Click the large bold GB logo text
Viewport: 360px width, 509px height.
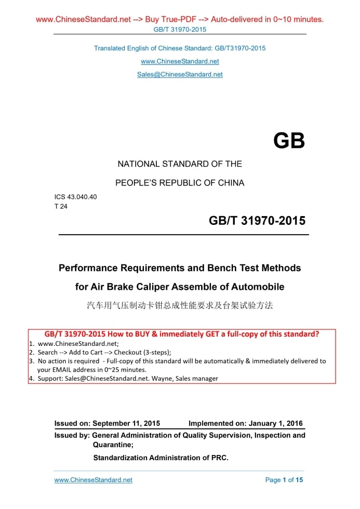point(289,141)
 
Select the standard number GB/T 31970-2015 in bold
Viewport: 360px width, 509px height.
point(257,221)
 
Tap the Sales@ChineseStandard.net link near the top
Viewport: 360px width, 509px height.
point(180,74)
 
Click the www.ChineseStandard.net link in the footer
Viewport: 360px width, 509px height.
point(94,480)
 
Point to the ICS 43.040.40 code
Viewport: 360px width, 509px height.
point(75,197)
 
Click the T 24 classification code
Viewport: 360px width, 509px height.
point(60,206)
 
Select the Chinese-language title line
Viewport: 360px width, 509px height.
point(180,305)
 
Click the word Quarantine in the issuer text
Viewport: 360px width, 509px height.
point(113,445)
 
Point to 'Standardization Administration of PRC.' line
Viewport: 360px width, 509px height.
point(161,458)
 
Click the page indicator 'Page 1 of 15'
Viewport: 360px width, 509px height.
point(284,480)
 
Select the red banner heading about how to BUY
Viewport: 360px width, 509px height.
point(182,334)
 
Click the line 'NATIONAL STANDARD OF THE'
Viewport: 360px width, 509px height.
point(180,164)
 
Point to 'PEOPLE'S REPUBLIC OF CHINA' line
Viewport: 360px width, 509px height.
point(180,183)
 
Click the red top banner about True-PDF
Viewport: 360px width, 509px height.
point(180,20)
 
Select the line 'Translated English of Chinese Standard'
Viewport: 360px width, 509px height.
point(180,48)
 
